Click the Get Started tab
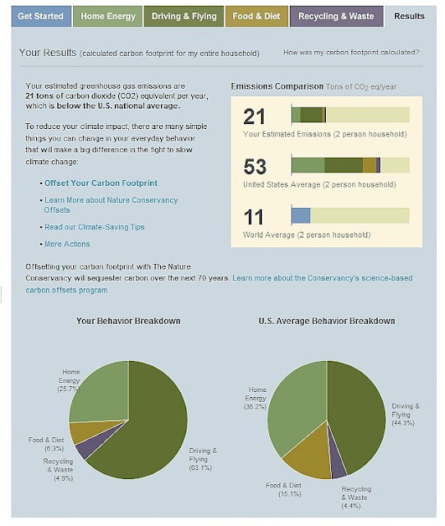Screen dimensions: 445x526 point(41,16)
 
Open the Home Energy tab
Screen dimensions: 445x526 point(108,16)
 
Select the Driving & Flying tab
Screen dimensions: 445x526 point(184,16)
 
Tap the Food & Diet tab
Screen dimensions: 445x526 point(256,16)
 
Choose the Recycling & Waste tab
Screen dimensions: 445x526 point(336,16)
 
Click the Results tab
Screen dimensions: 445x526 point(410,16)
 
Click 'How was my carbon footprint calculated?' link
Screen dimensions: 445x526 point(351,53)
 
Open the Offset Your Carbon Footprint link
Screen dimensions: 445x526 point(101,183)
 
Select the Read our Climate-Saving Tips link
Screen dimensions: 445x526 point(94,227)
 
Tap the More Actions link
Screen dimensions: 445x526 point(67,244)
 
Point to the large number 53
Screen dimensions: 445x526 point(255,166)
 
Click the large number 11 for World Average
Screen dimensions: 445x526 point(254,217)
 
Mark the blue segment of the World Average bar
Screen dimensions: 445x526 point(301,215)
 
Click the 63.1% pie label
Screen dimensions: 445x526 point(200,468)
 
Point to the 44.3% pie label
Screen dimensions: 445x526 point(403,423)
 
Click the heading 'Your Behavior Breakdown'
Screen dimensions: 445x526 point(128,321)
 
